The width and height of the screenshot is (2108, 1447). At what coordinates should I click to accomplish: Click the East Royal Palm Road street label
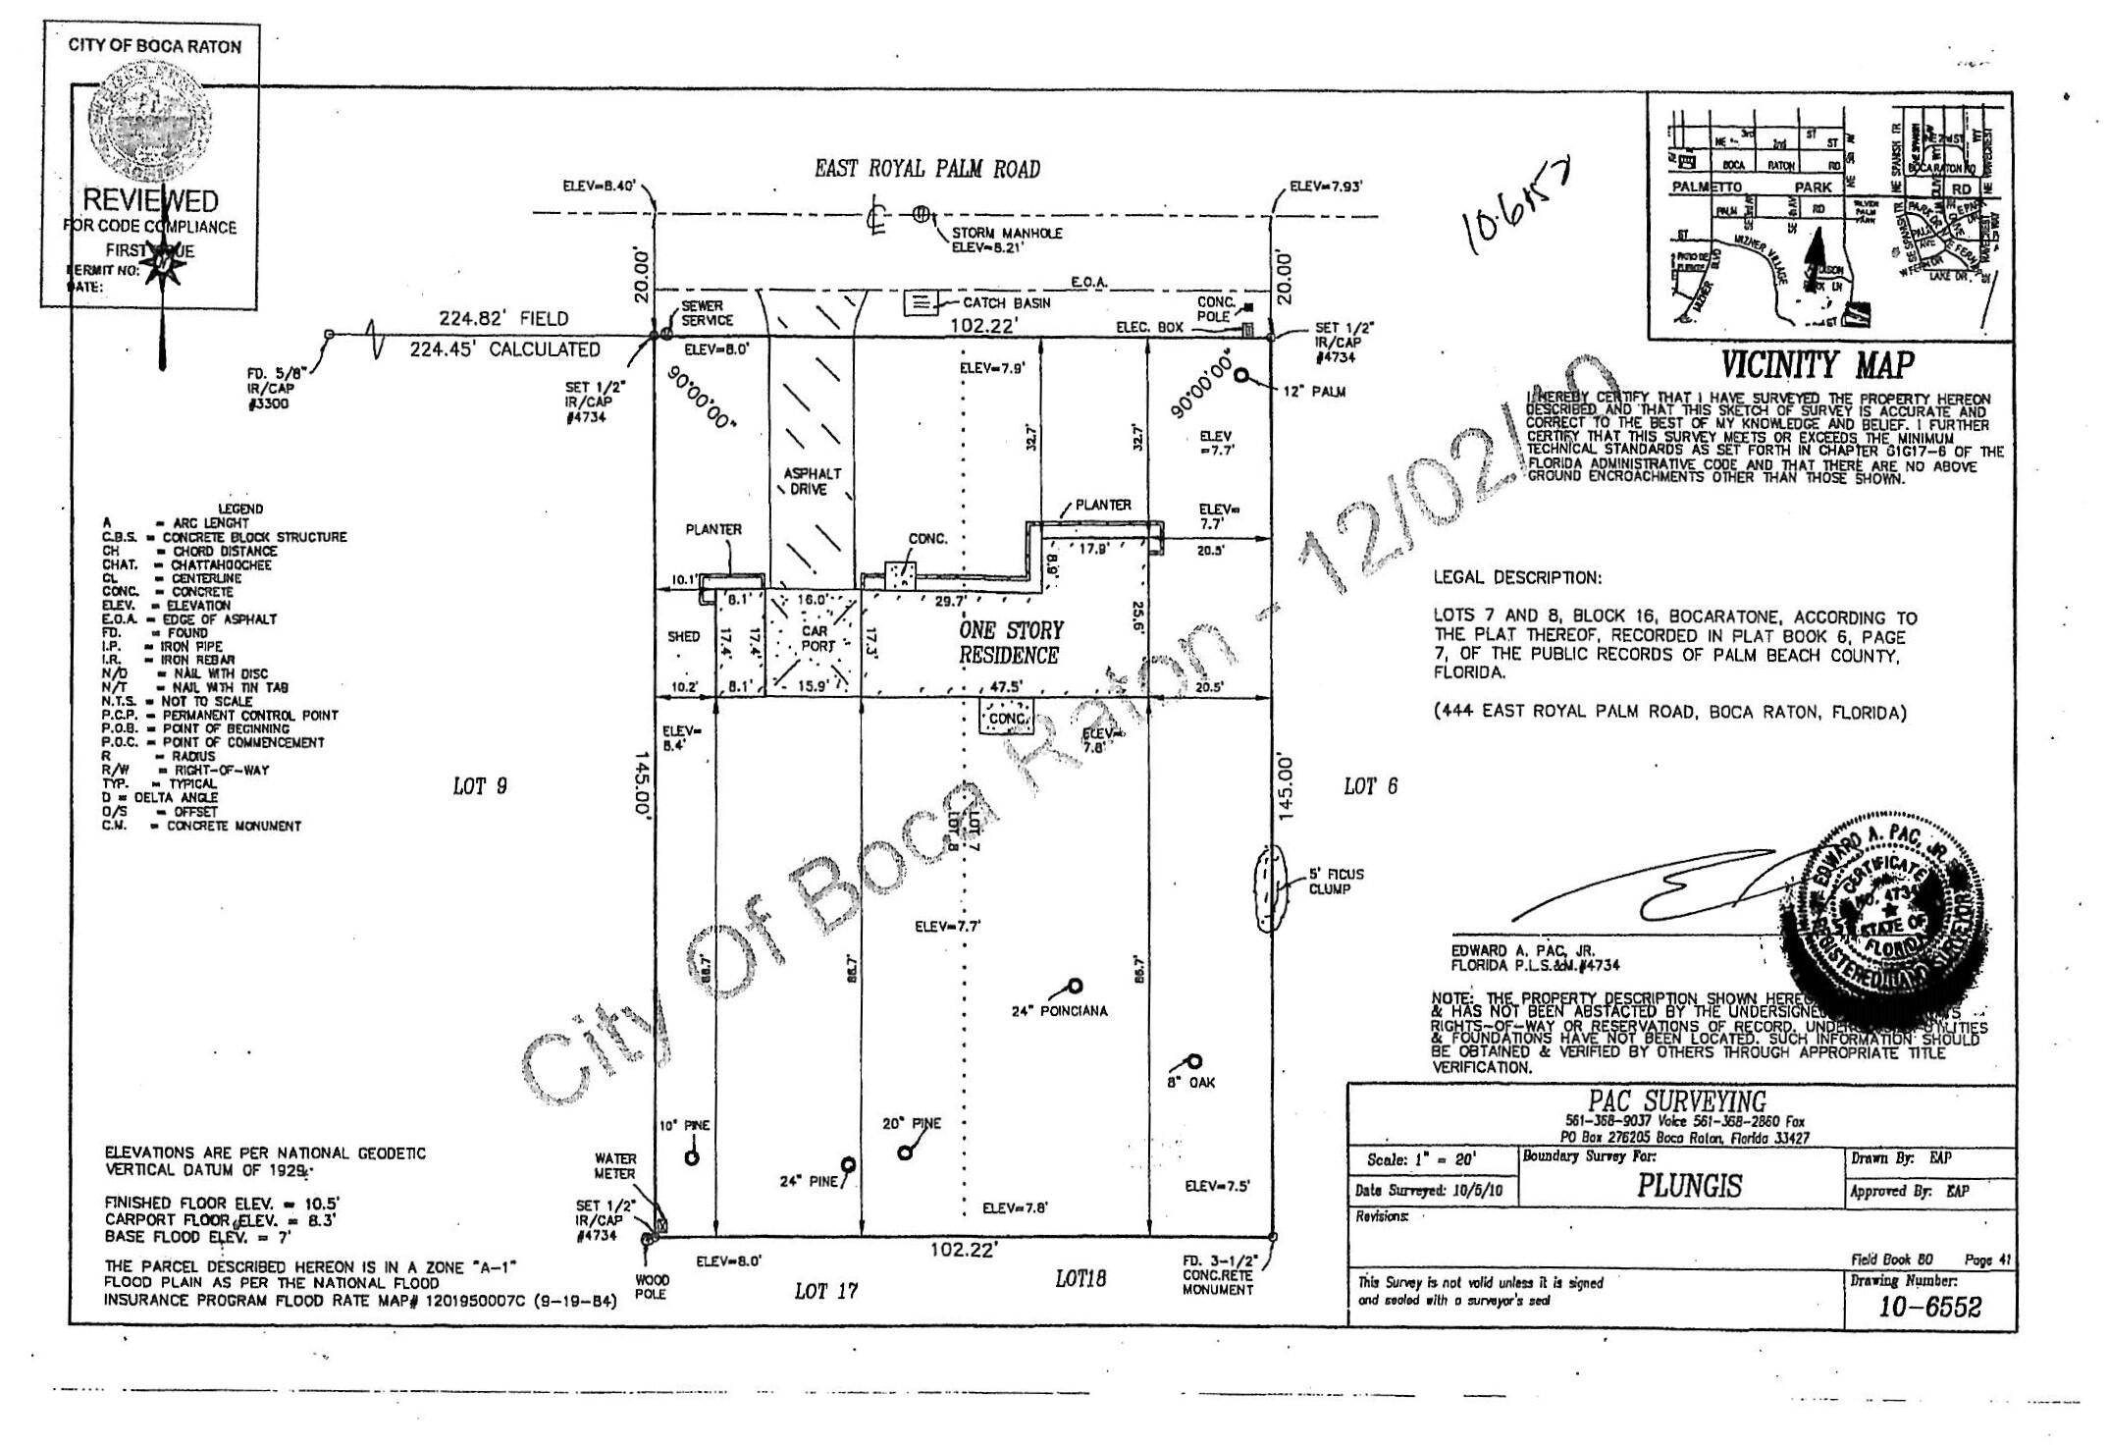926,169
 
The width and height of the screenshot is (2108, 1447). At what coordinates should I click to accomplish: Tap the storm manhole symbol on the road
921,213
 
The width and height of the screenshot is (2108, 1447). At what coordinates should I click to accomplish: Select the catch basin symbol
920,303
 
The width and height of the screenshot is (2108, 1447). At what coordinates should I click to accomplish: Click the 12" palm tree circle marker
1242,375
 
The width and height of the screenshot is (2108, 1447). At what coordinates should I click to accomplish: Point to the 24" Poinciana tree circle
1076,986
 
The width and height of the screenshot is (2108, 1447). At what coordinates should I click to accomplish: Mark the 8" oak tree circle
1194,1061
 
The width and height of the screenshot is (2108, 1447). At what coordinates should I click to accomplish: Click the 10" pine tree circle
692,1157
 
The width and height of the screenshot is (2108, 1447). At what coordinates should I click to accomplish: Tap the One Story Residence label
1011,643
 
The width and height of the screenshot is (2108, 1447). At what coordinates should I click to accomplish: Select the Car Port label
816,638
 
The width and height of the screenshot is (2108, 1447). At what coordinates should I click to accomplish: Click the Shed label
683,636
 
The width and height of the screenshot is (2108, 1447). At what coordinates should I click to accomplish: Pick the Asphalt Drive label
812,481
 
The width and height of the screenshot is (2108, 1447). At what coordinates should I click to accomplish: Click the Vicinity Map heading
1818,365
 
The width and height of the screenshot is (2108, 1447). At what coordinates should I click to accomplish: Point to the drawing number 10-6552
1929,1307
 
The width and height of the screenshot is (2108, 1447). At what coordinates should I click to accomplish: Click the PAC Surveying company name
1677,1101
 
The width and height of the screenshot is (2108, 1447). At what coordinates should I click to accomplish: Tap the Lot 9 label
480,786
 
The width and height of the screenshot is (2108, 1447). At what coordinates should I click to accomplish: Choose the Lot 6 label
1370,786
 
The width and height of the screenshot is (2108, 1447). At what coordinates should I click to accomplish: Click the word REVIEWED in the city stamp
149,201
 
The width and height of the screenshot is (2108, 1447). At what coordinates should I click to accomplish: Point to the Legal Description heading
1517,578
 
